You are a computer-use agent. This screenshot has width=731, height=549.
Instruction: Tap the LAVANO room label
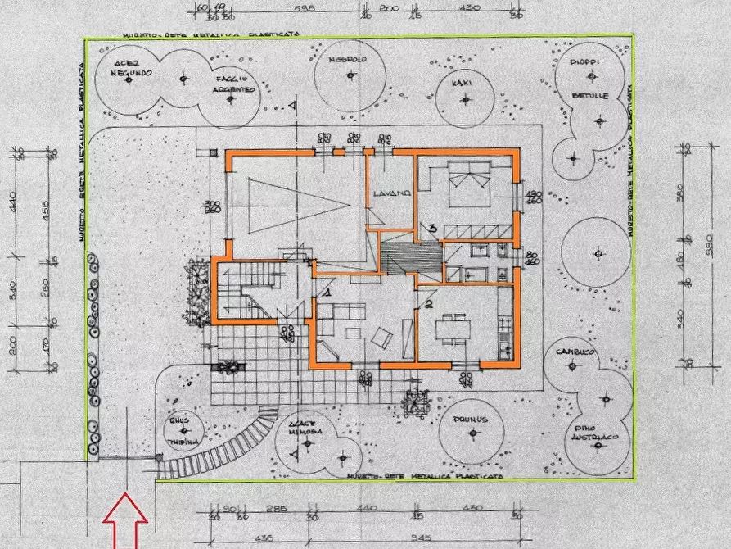pyautogui.click(x=390, y=193)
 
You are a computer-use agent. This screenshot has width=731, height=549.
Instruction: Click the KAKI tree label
pyautogui.click(x=464, y=82)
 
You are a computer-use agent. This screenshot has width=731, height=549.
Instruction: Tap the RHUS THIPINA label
pyautogui.click(x=183, y=431)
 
